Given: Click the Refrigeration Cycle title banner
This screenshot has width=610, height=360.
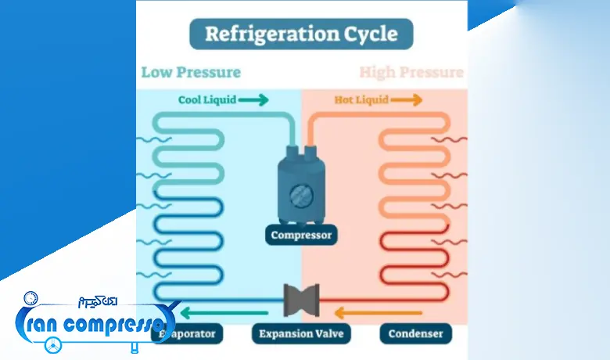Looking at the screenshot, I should (x=301, y=34).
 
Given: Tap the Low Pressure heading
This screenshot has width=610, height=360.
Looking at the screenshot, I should (x=191, y=73).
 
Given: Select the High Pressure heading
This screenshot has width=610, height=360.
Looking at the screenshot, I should (x=411, y=73).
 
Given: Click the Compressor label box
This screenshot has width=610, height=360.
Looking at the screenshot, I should (x=301, y=234).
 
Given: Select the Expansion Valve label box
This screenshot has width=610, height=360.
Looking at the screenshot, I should (x=301, y=334).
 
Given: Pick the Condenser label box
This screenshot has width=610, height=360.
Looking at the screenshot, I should (x=415, y=334).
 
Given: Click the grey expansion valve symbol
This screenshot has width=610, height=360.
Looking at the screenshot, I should (x=301, y=300).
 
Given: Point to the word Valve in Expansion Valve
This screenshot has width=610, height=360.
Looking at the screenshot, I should (x=327, y=334).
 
